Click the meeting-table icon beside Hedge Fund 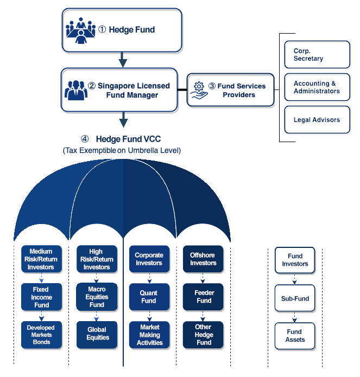click(x=80, y=30)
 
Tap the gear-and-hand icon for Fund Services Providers click(x=199, y=90)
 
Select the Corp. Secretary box click(x=317, y=55)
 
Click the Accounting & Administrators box click(x=317, y=87)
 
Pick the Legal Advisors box click(x=317, y=120)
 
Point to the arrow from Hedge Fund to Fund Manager click(x=123, y=60)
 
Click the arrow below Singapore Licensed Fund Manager click(x=123, y=119)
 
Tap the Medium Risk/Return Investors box click(x=41, y=259)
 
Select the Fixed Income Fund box click(x=41, y=297)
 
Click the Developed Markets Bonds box click(x=41, y=335)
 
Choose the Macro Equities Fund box click(x=97, y=297)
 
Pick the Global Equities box click(x=97, y=335)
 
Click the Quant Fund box click(x=149, y=297)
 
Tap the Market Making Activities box click(x=149, y=335)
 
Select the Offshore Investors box click(x=203, y=259)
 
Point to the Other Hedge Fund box click(x=203, y=335)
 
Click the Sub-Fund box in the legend click(x=295, y=298)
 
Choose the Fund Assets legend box click(x=295, y=336)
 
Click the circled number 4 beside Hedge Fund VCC click(x=85, y=139)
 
